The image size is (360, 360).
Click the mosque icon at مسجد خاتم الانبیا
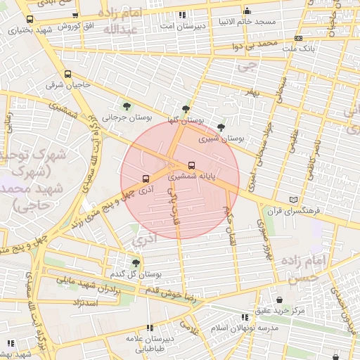tap(247, 11)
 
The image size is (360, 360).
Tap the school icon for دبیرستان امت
tap(183, 15)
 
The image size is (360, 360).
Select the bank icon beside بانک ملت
tap(299, 38)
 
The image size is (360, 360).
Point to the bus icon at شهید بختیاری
tap(30, 20)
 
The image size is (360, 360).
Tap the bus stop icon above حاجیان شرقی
tap(68, 74)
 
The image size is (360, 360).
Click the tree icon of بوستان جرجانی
tap(127, 106)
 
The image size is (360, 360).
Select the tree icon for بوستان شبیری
tap(221, 127)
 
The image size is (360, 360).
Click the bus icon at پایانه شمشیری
tap(193, 166)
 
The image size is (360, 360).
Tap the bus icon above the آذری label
tap(146, 179)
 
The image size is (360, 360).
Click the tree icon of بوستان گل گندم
tap(136, 262)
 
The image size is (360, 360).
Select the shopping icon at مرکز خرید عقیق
tap(279, 300)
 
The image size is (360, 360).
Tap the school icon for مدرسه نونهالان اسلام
tap(245, 318)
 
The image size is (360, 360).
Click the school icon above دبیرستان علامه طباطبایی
tap(149, 328)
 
